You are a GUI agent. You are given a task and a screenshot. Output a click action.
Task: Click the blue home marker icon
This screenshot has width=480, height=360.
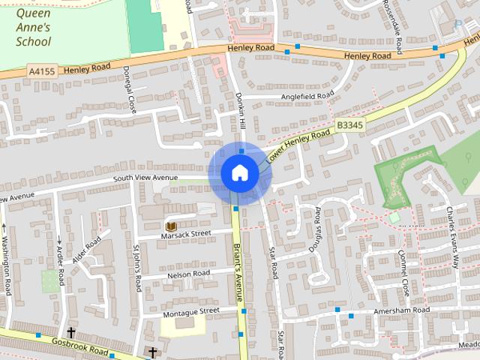pyautogui.click(x=240, y=173)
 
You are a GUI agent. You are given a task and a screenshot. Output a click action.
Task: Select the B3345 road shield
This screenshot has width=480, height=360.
pyautogui.click(x=350, y=125)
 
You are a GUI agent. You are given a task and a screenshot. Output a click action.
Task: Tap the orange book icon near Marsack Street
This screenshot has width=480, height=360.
pyautogui.click(x=170, y=226)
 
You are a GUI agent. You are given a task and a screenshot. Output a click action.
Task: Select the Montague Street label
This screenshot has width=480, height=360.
pyautogui.click(x=190, y=310)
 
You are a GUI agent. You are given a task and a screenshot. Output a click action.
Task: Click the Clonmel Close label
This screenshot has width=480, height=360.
pyautogui.click(x=404, y=273)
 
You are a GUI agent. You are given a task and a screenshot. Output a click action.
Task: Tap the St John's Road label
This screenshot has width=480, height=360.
pyautogui.click(x=137, y=267)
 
